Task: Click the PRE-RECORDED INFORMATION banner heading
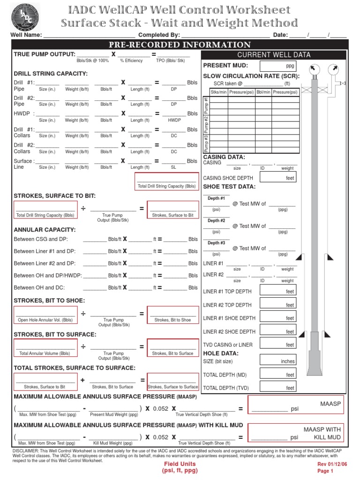(180, 45)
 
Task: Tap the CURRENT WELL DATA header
(274, 55)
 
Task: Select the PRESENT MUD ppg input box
(277, 66)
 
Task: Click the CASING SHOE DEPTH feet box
(277, 178)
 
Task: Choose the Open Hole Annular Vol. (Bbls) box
(45, 315)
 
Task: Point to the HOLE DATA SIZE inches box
(277, 361)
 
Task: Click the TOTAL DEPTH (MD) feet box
(277, 375)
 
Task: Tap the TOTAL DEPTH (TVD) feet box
(277, 388)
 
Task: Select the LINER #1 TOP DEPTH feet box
(277, 291)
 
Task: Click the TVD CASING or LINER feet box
(277, 345)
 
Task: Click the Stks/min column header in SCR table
(218, 92)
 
